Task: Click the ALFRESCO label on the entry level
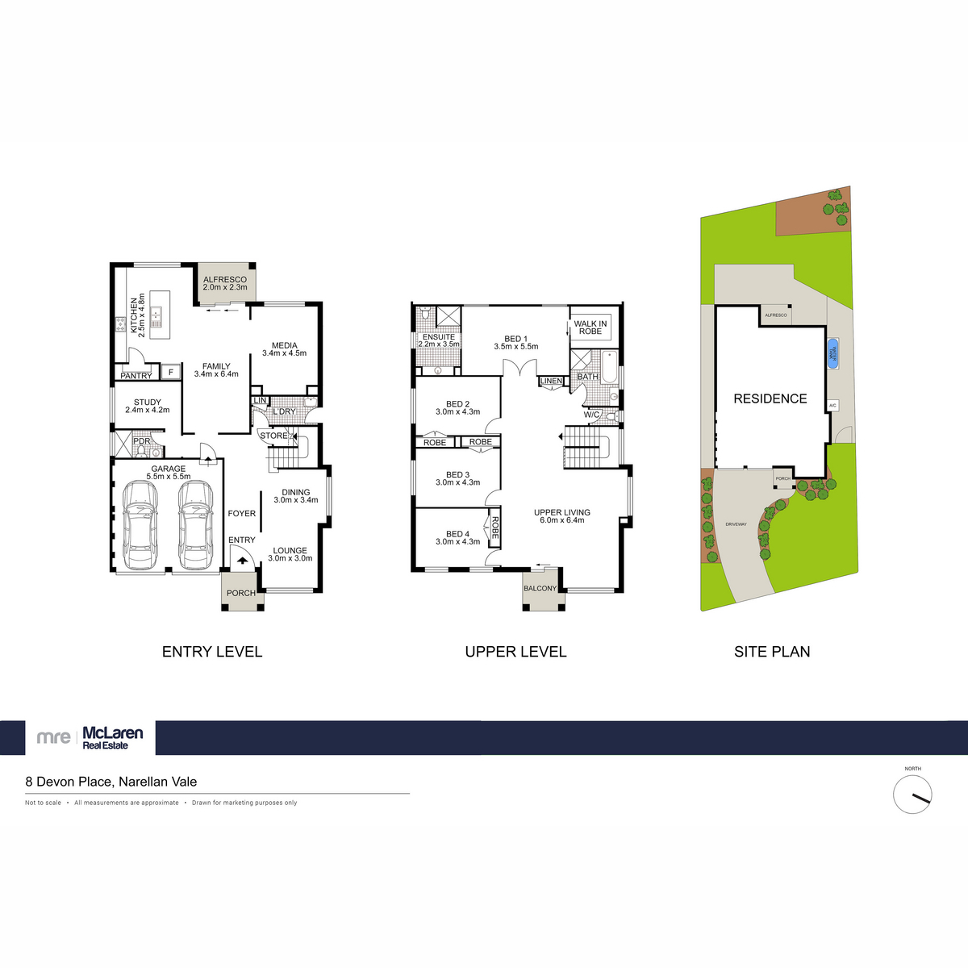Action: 225,279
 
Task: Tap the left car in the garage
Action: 140,525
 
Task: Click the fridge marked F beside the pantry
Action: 170,372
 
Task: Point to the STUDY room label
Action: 148,403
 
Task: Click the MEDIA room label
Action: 284,345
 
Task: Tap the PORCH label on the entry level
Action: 240,593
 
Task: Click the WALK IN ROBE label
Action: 590,328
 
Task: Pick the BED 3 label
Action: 457,475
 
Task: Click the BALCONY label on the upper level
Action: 540,588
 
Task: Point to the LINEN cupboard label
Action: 552,381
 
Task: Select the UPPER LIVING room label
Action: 562,512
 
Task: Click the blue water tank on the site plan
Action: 832,353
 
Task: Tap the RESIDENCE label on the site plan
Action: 770,398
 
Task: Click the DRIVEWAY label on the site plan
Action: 736,524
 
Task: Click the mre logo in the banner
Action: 54,737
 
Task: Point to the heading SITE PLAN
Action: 772,652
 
